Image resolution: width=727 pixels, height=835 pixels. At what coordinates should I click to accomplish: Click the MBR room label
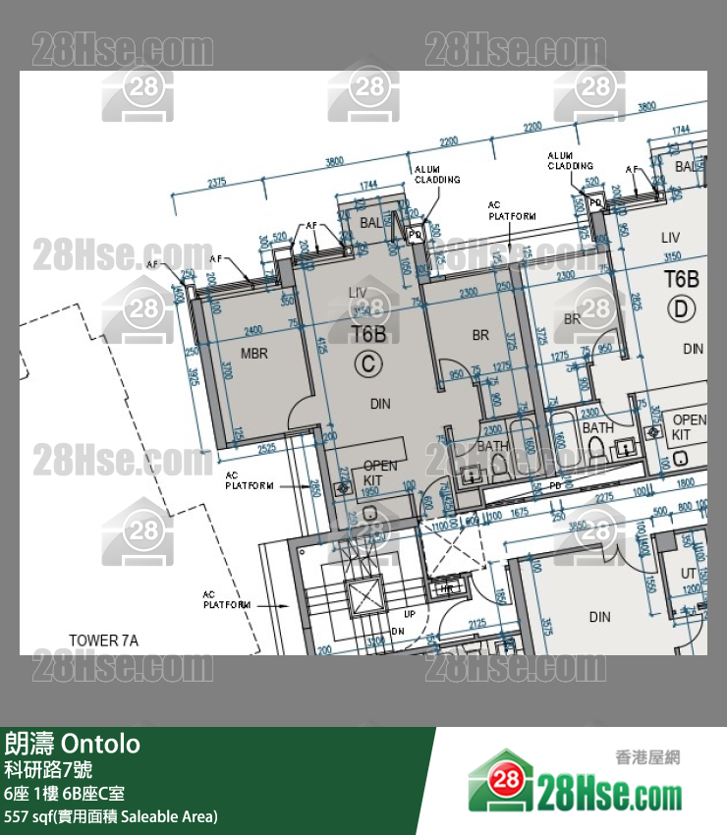pos(254,354)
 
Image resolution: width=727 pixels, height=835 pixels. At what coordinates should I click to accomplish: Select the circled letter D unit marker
pos(681,310)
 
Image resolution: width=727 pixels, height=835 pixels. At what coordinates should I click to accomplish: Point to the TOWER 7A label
pos(103,640)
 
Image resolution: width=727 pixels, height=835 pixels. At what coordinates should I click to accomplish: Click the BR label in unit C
pos(480,335)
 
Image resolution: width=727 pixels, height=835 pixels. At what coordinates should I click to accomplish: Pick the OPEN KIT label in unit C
pos(380,473)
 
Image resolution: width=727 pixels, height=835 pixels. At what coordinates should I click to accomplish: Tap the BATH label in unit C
pos(493,446)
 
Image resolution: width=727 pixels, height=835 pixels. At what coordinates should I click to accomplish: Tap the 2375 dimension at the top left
pos(218,182)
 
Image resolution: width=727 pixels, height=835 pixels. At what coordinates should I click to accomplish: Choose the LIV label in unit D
pos(670,238)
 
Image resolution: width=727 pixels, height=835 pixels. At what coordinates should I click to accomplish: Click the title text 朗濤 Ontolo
pos(73,744)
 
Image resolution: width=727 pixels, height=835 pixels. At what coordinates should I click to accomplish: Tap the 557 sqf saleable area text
pos(111,816)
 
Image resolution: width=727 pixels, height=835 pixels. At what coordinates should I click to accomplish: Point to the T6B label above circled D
pos(681,278)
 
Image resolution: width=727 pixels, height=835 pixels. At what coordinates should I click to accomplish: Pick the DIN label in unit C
pos(380,403)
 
